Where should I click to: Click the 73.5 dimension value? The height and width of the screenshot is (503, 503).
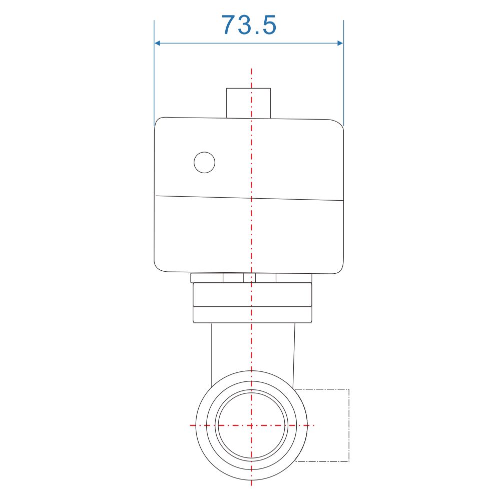(249, 25)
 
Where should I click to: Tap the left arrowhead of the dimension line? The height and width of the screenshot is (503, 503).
(157, 43)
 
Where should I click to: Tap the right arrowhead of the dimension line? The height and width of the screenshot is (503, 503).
(340, 43)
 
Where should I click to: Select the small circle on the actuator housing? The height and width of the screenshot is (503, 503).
(204, 162)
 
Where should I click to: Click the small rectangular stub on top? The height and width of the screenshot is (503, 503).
(249, 103)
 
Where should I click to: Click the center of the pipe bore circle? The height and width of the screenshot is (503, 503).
(251, 425)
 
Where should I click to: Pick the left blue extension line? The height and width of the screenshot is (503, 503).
(154, 73)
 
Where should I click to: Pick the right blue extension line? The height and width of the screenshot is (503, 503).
(343, 73)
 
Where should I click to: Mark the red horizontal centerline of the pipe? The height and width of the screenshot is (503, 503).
(252, 425)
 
